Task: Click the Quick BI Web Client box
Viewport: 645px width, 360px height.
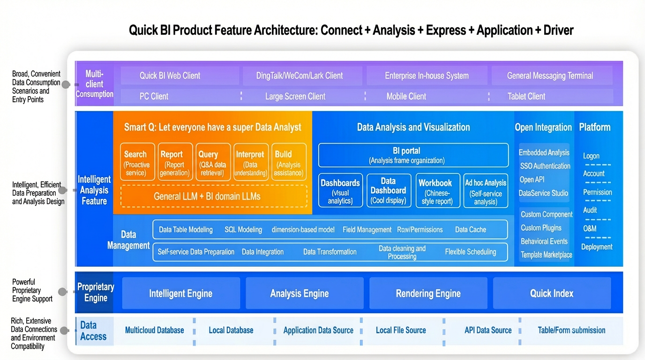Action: (180, 75)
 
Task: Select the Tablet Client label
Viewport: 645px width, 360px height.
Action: (526, 96)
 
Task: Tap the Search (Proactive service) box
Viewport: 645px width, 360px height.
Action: (137, 162)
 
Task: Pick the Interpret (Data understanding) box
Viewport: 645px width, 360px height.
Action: (251, 162)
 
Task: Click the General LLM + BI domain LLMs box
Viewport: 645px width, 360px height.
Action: (214, 196)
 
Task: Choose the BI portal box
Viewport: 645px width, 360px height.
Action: (413, 155)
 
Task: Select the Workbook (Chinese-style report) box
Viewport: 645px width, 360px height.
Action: (438, 190)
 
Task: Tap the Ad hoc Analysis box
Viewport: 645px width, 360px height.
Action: (486, 190)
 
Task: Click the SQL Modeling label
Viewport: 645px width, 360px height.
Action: (243, 230)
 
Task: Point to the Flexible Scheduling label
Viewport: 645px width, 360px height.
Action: (471, 252)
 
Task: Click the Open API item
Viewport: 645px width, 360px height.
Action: (532, 180)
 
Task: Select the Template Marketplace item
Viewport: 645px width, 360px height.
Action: (546, 255)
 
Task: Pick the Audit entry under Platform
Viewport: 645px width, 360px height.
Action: (590, 210)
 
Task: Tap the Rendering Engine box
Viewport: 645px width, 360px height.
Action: (428, 293)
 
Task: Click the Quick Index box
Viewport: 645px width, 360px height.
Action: (552, 293)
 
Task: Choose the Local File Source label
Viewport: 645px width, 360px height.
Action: (401, 330)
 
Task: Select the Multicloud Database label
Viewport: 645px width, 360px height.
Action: (154, 330)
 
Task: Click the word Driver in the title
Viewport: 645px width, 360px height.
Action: (558, 30)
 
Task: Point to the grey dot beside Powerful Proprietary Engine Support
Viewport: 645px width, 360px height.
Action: (62, 292)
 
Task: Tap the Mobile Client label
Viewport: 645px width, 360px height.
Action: (406, 96)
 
